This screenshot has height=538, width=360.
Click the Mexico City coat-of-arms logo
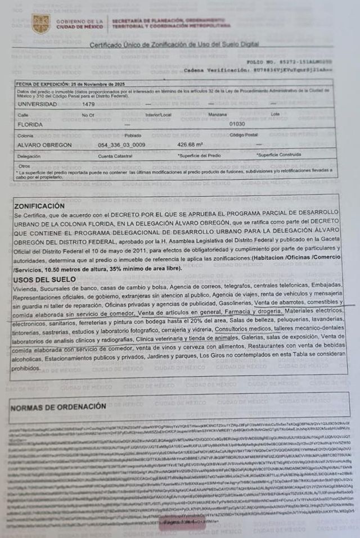40,24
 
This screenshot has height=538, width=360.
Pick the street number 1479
88,105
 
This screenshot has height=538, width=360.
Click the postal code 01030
237,124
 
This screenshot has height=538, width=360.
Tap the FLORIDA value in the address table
31,124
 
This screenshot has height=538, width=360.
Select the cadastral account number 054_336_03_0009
121,144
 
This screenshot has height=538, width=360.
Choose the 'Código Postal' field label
243,135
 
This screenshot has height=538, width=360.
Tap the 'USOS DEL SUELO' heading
44,279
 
